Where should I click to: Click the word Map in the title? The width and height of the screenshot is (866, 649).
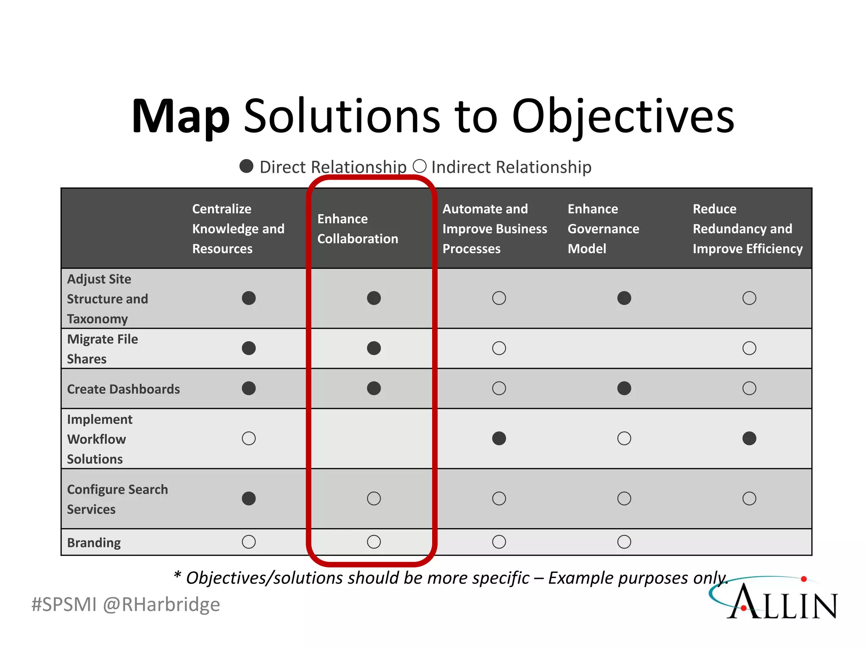pyautogui.click(x=181, y=116)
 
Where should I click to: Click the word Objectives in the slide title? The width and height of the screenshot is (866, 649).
pyautogui.click(x=623, y=116)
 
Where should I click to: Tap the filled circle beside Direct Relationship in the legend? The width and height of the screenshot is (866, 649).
pyautogui.click(x=246, y=166)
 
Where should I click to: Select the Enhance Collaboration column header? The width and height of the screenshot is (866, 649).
pyautogui.click(x=357, y=229)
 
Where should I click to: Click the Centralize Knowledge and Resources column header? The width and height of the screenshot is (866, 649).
pyautogui.click(x=238, y=229)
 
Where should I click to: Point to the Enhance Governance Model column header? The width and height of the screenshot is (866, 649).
pyautogui.click(x=603, y=229)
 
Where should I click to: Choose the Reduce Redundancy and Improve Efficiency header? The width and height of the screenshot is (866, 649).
pyautogui.click(x=747, y=229)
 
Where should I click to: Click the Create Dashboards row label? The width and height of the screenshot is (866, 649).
pyautogui.click(x=123, y=389)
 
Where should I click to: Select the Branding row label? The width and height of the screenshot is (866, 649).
pyautogui.click(x=94, y=542)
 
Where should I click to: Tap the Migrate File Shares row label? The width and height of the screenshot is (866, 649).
pyautogui.click(x=102, y=349)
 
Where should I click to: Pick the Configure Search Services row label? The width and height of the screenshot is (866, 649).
pyautogui.click(x=117, y=499)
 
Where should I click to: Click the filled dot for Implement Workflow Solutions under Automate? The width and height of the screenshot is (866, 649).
pyautogui.click(x=499, y=438)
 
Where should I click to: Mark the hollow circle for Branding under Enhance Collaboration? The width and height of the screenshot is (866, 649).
pyautogui.click(x=374, y=542)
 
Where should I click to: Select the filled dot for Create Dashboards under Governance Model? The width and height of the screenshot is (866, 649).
pyautogui.click(x=624, y=388)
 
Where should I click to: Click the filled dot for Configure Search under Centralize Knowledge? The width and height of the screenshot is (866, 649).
pyautogui.click(x=249, y=499)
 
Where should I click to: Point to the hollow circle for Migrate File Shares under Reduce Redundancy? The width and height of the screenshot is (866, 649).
pyautogui.click(x=749, y=348)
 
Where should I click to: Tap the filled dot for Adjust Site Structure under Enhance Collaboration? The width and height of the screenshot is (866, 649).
pyautogui.click(x=374, y=298)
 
